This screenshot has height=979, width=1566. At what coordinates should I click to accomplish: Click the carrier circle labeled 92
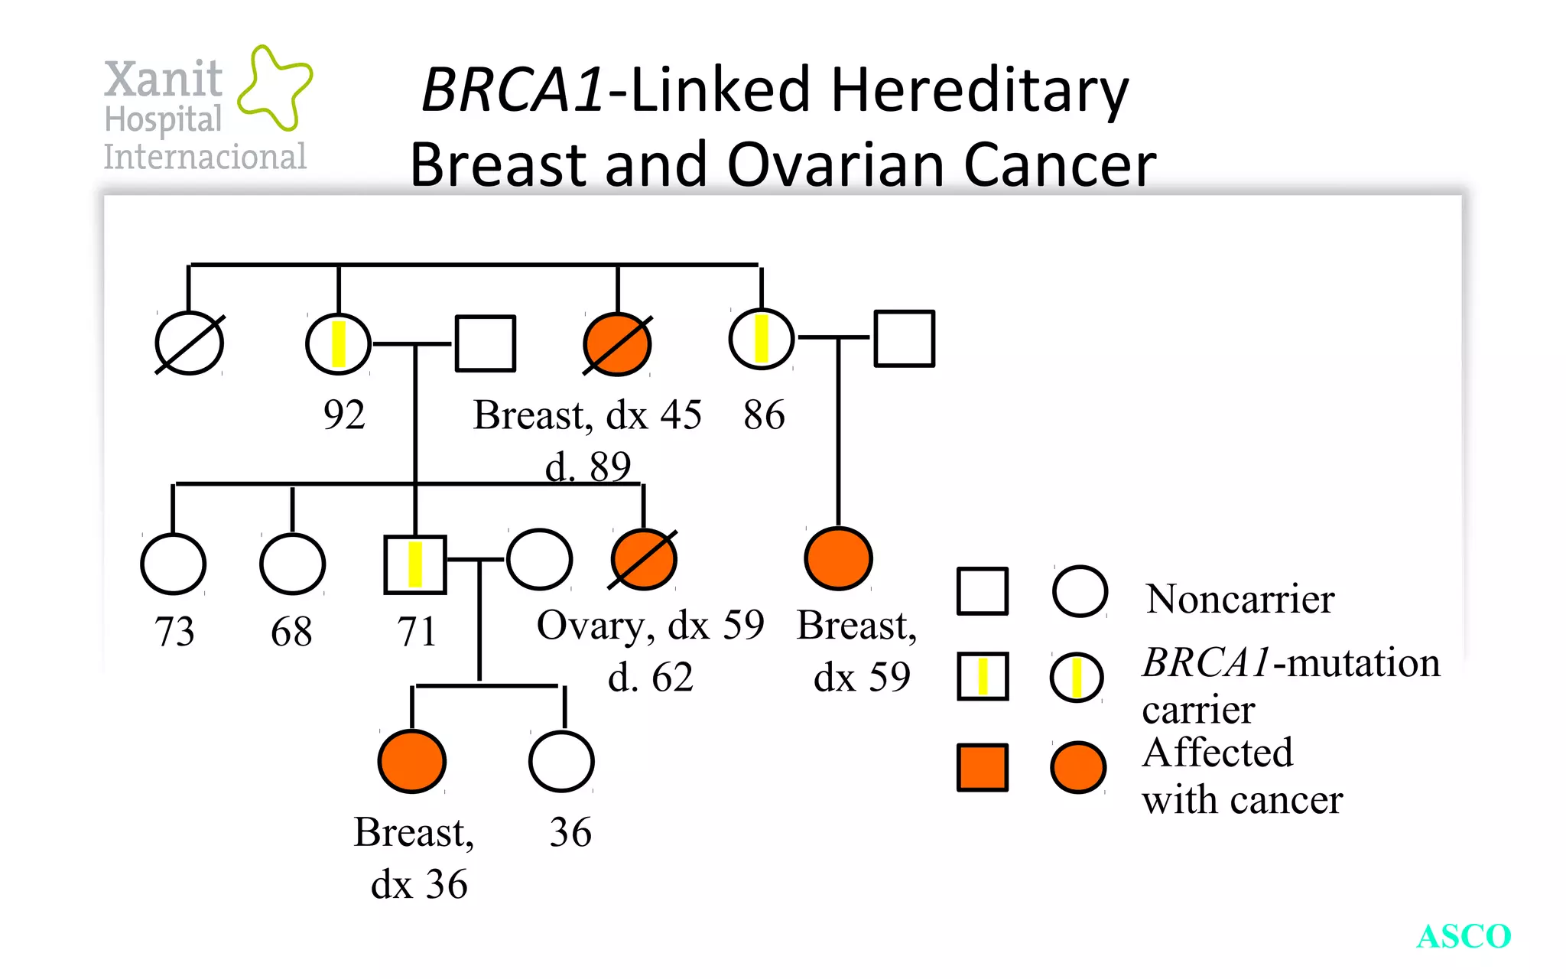(339, 343)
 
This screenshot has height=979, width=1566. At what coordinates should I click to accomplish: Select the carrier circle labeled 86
(762, 338)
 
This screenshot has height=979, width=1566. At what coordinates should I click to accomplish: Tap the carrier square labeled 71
(415, 564)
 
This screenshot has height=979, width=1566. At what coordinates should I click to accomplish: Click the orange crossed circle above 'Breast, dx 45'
(617, 344)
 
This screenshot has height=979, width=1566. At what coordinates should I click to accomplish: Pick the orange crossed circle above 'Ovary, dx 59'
(644, 560)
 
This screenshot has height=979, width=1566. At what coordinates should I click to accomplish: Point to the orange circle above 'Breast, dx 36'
(412, 761)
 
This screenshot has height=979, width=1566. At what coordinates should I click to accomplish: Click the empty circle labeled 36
(561, 761)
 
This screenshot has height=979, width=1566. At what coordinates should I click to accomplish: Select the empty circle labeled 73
(174, 564)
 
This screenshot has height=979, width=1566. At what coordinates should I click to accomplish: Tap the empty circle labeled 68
(292, 564)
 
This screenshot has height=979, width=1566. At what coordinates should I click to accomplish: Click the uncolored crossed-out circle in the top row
(190, 343)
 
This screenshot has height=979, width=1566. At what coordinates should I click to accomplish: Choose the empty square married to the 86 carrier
(905, 338)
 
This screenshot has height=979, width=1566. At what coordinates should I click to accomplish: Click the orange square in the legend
(983, 767)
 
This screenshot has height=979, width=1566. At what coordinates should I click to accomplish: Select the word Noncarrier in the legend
(1239, 599)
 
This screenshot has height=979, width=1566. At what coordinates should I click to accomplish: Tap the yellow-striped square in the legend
(983, 677)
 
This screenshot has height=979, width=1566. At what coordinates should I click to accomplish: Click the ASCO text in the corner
(1464, 936)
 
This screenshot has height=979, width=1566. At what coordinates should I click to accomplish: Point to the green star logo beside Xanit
(274, 86)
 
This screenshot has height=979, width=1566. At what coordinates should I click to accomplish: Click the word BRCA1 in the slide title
(513, 89)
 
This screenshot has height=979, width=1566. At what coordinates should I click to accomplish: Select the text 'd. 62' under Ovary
(650, 677)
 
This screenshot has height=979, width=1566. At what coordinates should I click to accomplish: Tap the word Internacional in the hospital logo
(205, 157)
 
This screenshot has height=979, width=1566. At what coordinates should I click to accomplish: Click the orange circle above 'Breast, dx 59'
(839, 558)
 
